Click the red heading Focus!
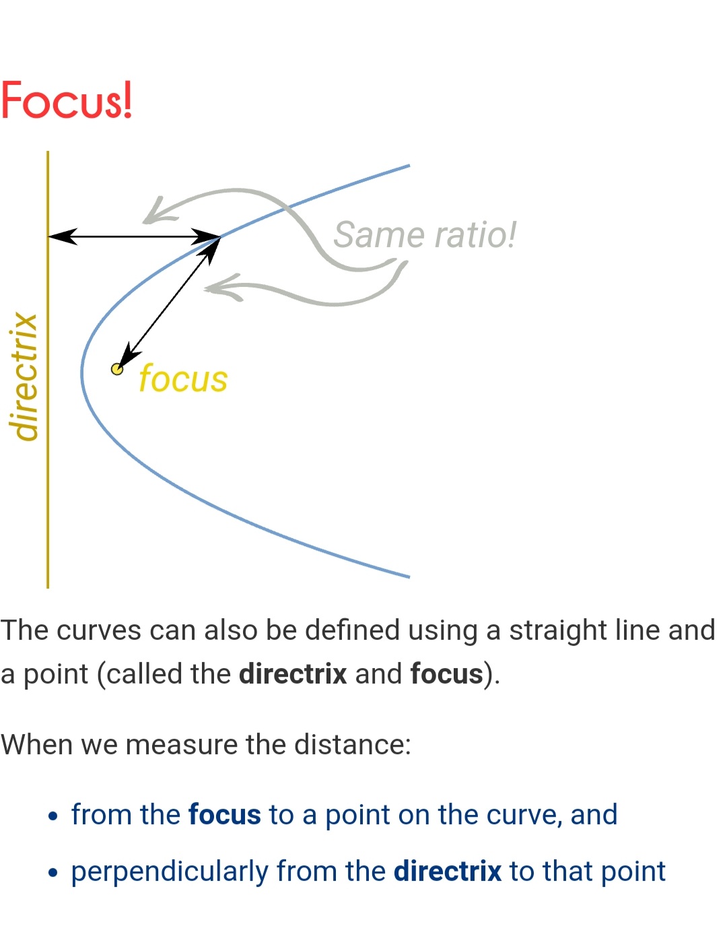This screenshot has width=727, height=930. pyautogui.click(x=66, y=100)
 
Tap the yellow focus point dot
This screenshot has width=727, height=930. pyautogui.click(x=117, y=369)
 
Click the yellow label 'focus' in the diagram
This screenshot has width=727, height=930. pyautogui.click(x=183, y=378)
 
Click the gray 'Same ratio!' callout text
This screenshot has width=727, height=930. pyautogui.click(x=424, y=235)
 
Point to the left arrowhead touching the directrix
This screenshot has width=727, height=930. pyautogui.click(x=61, y=236)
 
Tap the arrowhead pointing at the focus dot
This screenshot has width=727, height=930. pyautogui.click(x=127, y=356)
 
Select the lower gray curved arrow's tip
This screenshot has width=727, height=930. pyautogui.click(x=210, y=288)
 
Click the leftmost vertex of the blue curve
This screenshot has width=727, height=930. pyautogui.click(x=82, y=372)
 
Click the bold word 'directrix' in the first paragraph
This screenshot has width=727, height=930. pyautogui.click(x=293, y=674)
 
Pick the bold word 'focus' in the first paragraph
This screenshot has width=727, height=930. pyautogui.click(x=446, y=674)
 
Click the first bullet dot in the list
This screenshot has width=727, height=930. pyautogui.click(x=54, y=817)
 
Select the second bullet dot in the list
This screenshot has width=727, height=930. pyautogui.click(x=54, y=873)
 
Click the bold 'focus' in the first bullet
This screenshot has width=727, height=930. pyautogui.click(x=224, y=815)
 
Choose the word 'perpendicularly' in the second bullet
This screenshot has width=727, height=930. pyautogui.click(x=170, y=871)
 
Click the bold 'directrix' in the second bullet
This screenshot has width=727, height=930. pyautogui.click(x=447, y=871)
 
